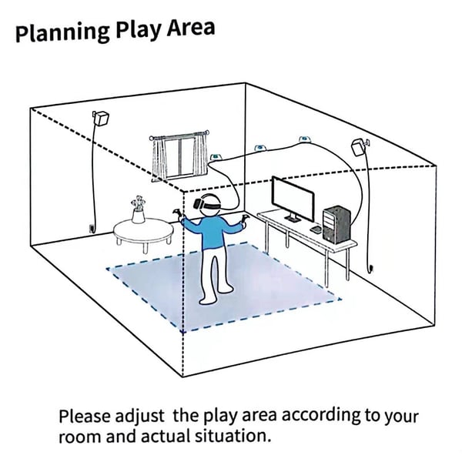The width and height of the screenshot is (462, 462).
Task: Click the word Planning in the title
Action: [x=62, y=32]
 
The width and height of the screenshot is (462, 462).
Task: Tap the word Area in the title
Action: [x=191, y=28]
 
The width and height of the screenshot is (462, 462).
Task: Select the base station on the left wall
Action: [x=101, y=118]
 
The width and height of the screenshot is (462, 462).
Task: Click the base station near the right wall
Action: [x=360, y=146]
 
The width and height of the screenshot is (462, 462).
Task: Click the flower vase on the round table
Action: [x=138, y=210]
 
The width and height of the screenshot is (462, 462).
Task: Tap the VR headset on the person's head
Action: [x=206, y=203]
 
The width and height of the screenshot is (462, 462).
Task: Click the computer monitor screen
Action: [x=293, y=198]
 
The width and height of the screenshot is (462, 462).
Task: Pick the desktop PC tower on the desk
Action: [x=336, y=225]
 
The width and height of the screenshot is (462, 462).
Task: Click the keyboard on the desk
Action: [x=316, y=229]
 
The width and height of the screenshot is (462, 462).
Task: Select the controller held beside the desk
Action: [x=245, y=219]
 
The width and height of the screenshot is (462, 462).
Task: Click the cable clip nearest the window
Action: [x=216, y=156]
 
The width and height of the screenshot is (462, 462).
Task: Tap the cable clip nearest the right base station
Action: [x=304, y=139]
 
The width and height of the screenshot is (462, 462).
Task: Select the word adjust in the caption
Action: [x=139, y=416]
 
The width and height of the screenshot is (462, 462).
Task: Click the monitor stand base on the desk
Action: [x=293, y=219]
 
